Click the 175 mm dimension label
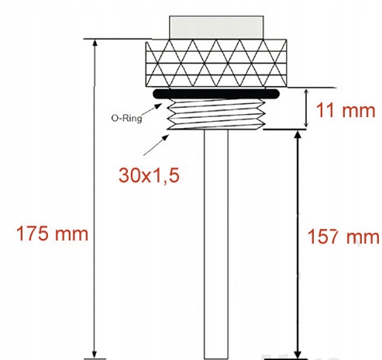[x=52, y=234]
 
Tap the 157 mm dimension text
[x=343, y=237]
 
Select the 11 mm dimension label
[x=346, y=110]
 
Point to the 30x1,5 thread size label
[x=149, y=175]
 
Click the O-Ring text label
[x=126, y=118]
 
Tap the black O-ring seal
[x=216, y=94]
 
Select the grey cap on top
[x=216, y=27]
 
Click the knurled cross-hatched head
[x=216, y=63]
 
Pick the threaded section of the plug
[x=216, y=114]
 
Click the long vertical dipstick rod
[x=216, y=244]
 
